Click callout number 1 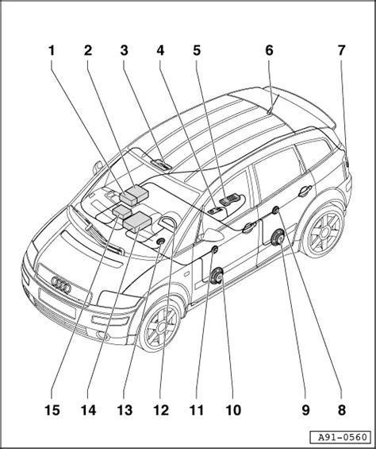(x=52, y=52)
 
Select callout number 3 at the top (x=124, y=52)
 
